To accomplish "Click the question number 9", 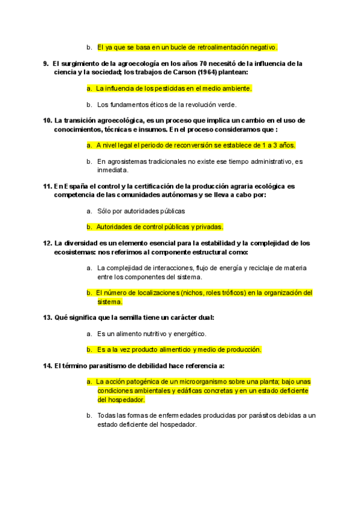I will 46,63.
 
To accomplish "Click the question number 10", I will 47,120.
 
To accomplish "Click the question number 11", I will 47,186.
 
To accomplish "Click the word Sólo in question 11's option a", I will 104,211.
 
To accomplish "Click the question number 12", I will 47,243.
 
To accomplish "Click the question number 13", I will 47,317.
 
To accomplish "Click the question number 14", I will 47,366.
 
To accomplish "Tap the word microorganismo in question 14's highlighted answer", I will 193,382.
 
